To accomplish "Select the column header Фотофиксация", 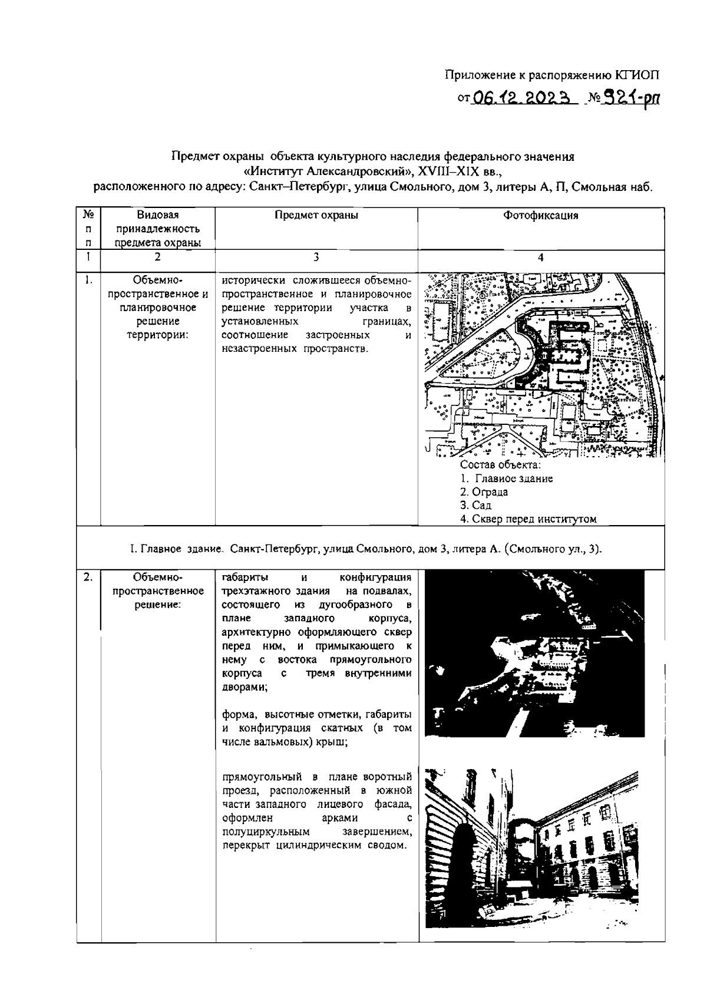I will tap(541, 216).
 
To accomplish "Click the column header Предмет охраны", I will tap(316, 216).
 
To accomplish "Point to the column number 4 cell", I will tap(541, 258).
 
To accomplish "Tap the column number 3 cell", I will tap(316, 257).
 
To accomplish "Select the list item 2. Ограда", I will tap(484, 492).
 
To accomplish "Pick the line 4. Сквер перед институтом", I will tap(528, 519).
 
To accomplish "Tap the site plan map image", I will tap(541, 365).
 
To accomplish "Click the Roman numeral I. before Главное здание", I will tap(133, 550).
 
